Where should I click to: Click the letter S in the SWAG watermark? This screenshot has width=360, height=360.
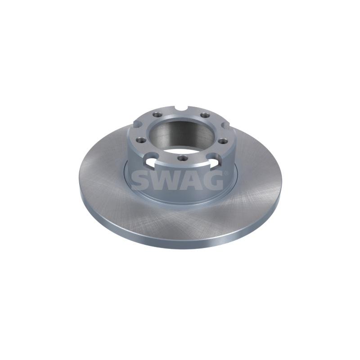pyautogui.click(x=140, y=180)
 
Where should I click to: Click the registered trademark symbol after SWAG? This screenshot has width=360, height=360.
pyautogui.click(x=226, y=173)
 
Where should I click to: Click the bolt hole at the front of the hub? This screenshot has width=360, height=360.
pyautogui.click(x=182, y=158)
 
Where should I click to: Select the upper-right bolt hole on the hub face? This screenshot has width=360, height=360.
pyautogui.click(x=204, y=115)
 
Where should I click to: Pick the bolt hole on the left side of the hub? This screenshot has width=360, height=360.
pyautogui.click(x=140, y=140)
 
